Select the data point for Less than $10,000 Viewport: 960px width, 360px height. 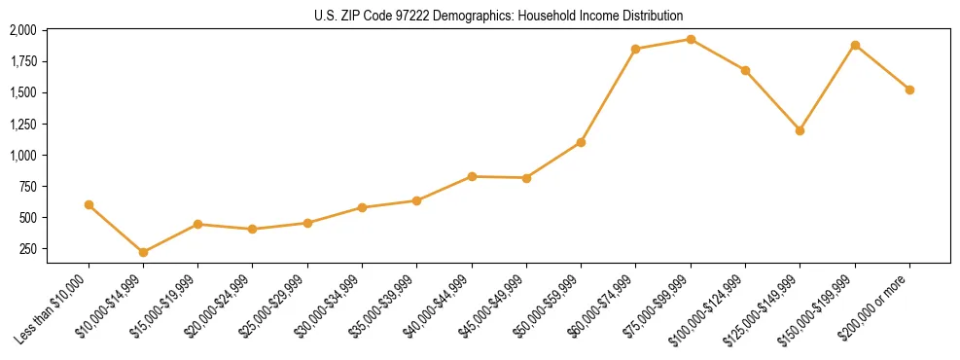(89, 204)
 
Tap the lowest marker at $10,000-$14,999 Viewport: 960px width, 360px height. (143, 252)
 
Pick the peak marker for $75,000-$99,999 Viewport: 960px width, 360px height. (691, 39)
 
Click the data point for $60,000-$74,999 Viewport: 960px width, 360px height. (635, 49)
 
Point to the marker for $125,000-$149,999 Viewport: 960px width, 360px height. (800, 130)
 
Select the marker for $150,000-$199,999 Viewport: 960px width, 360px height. (855, 45)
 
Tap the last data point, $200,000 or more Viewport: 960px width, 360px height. (909, 90)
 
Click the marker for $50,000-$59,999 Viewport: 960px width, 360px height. (581, 142)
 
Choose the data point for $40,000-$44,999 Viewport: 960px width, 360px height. (472, 176)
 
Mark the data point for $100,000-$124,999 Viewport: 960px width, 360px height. (745, 70)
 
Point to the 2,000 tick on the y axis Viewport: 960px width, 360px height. (22, 30)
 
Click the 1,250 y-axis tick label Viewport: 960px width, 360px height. (22, 124)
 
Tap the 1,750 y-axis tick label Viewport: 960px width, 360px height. (22, 61)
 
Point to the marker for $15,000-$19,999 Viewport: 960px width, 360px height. (198, 224)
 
